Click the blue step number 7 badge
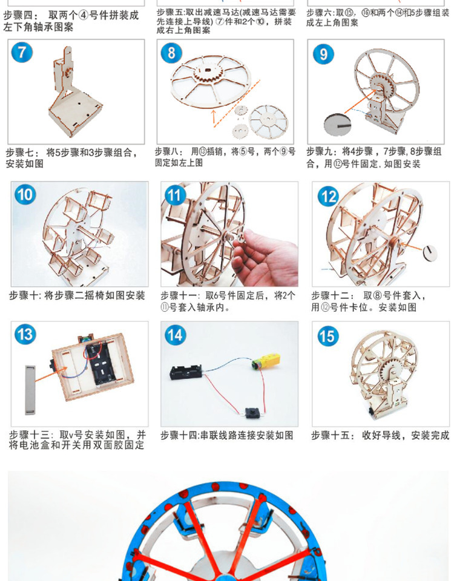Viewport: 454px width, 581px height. [x=22, y=53]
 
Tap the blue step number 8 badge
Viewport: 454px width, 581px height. [x=171, y=53]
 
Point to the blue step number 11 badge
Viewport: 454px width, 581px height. [x=175, y=195]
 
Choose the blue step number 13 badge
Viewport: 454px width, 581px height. [x=25, y=335]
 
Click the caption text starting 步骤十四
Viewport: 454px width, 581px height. [x=227, y=435]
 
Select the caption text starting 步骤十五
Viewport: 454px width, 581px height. [x=380, y=435]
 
